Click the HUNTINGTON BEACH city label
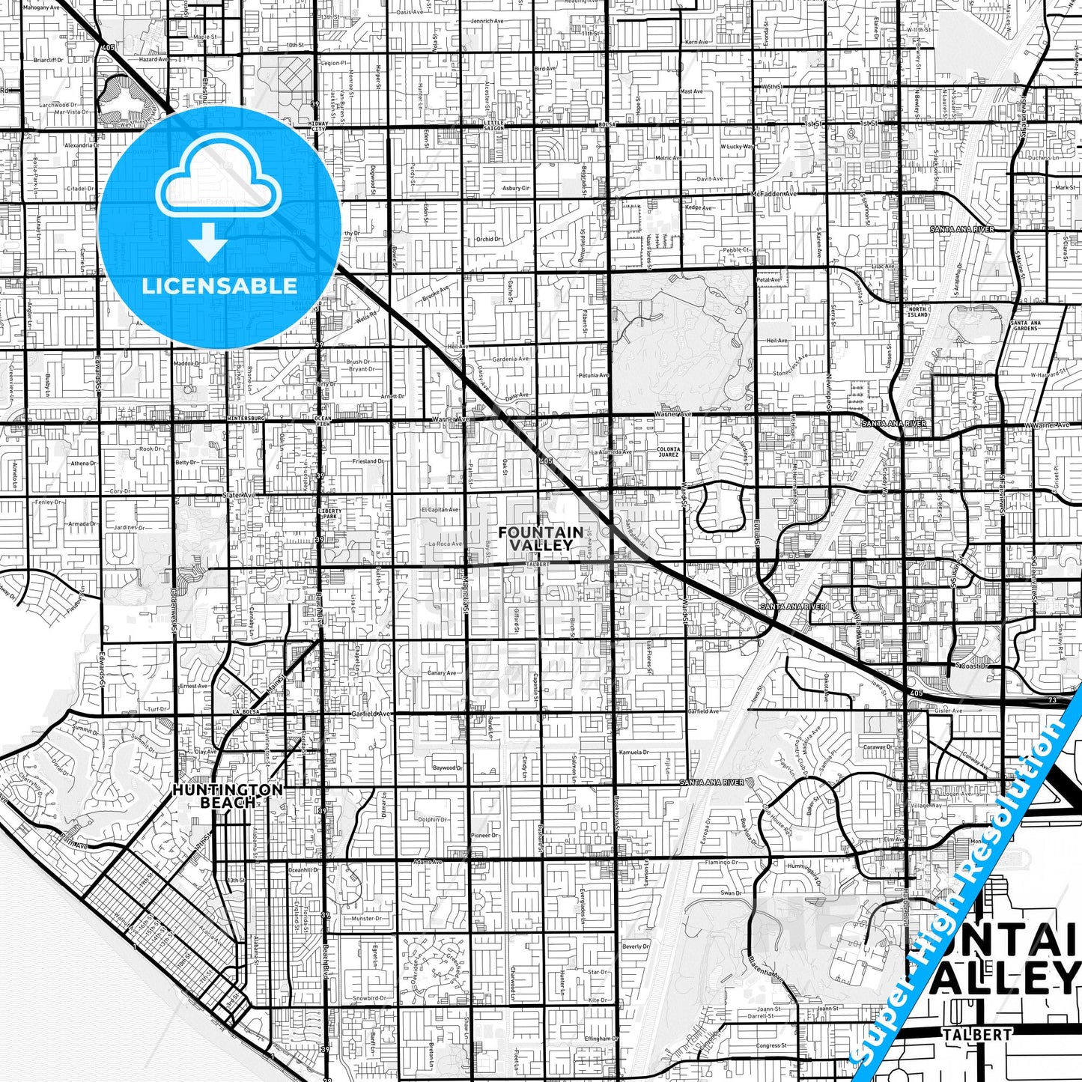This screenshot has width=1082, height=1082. [x=217, y=796]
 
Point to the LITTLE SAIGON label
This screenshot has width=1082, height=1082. [x=493, y=125]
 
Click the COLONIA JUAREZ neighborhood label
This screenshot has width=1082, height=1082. [x=668, y=452]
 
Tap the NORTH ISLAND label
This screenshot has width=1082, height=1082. [x=917, y=311]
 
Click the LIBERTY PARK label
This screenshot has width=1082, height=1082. [x=330, y=513]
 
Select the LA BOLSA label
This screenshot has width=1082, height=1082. [x=245, y=712]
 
